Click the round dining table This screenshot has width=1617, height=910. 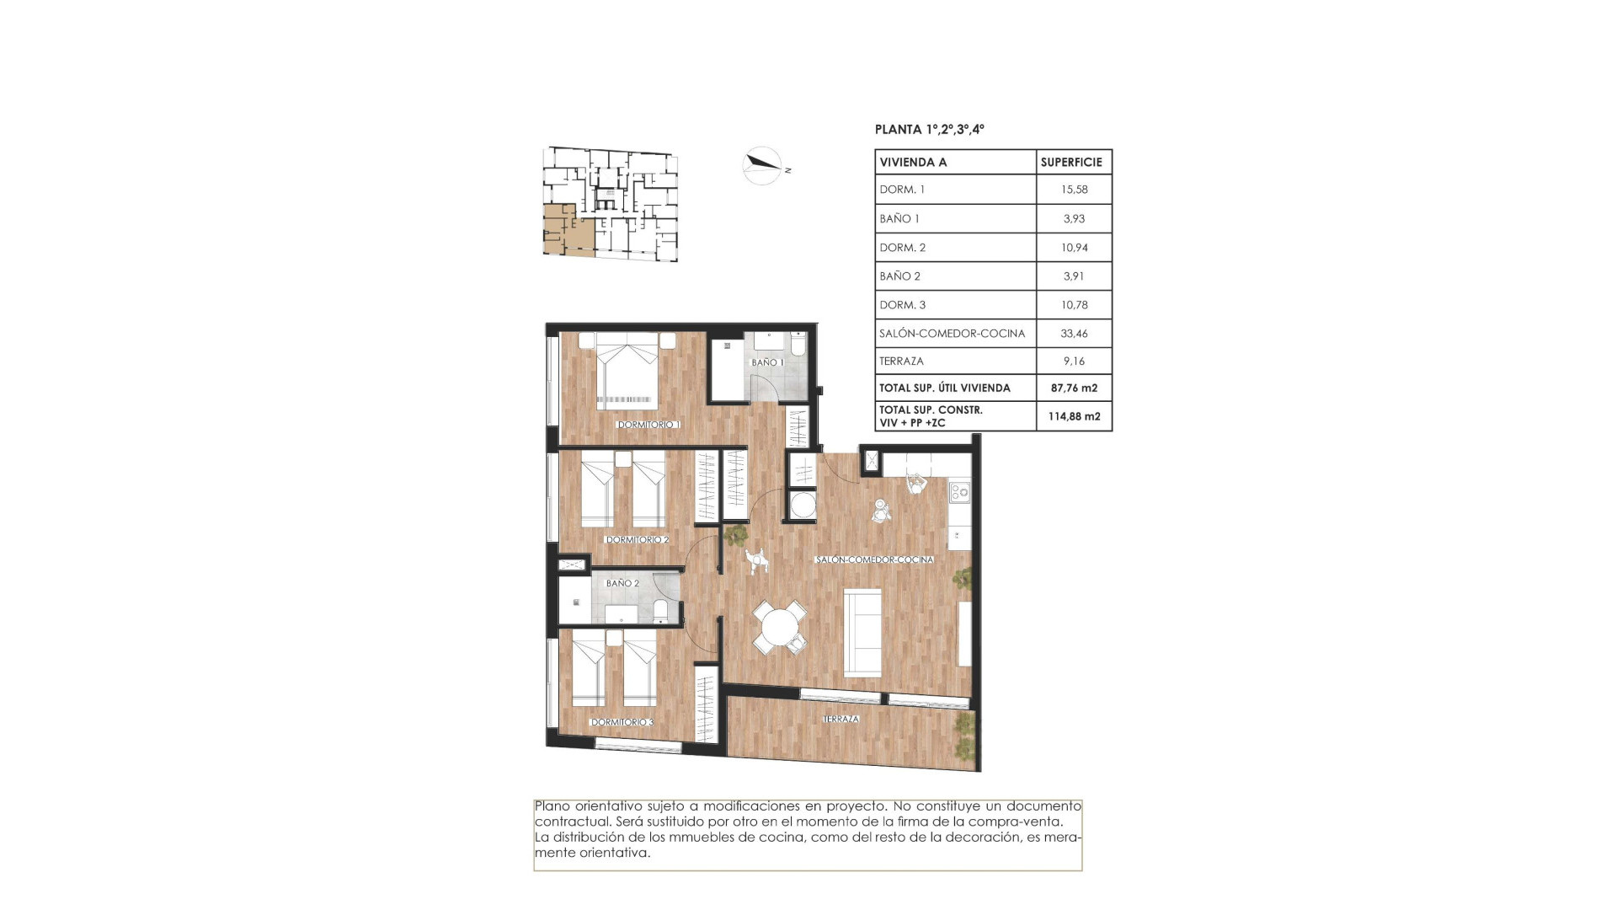pos(778,627)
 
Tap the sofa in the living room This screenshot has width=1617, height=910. pos(862,632)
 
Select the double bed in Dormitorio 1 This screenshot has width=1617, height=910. pos(627,371)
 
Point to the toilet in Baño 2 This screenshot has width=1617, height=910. pos(661,610)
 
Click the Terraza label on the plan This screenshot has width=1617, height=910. pos(841,719)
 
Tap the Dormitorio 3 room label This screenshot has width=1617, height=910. pos(622,722)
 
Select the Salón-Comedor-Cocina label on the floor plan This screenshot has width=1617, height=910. pos(874,559)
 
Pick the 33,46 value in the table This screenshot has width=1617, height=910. pos(1074,334)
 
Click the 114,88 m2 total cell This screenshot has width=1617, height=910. pos(1074,416)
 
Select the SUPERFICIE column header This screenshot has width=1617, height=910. pos(1071,163)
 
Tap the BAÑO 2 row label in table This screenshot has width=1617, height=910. pos(899,276)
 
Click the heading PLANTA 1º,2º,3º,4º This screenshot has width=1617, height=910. pos(929,130)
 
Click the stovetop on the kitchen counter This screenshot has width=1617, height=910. pos(959,490)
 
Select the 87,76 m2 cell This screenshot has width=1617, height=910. pos(1074,388)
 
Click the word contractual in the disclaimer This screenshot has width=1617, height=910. pos(572,822)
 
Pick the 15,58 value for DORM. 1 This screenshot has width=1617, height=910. pos(1074,190)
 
